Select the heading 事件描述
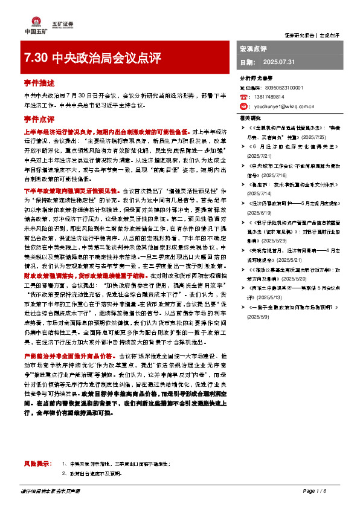pyautogui.click(x=36, y=83)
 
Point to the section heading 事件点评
pyautogui.click(x=36, y=118)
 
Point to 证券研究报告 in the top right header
pyautogui.click(x=300, y=36)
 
